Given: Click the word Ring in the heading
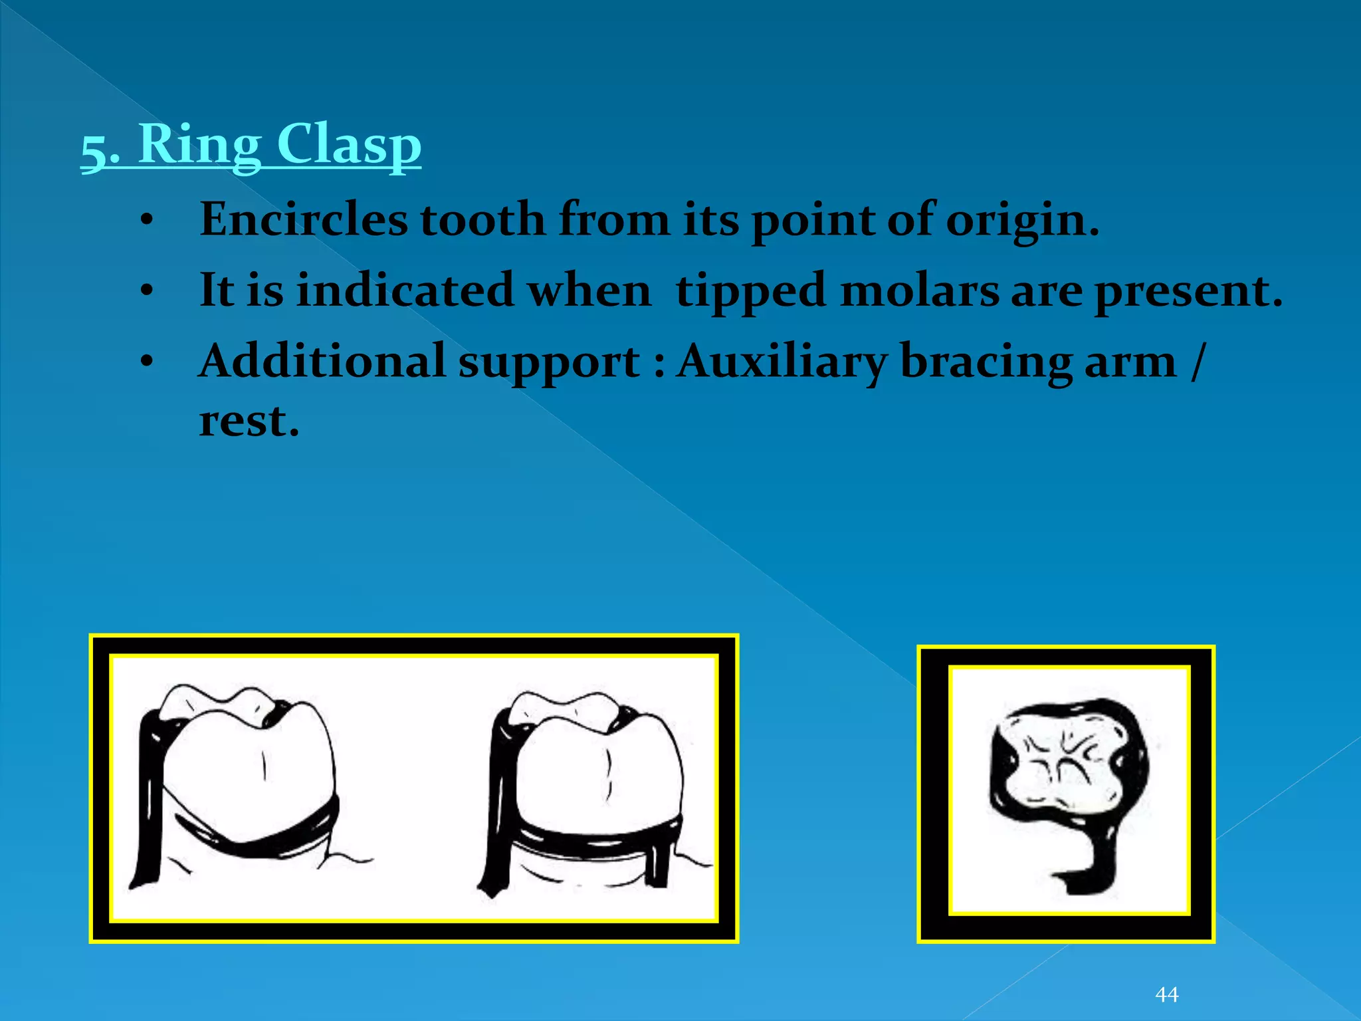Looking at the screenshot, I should pos(199,144).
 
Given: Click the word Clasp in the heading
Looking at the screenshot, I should pos(348,144).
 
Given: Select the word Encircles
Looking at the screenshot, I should pos(303,219).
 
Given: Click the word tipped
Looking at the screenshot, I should pos(750,291).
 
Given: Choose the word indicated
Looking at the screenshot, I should pos(405,290).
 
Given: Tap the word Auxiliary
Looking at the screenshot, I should pos(782,362).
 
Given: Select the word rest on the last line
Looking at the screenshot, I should pos(249,421).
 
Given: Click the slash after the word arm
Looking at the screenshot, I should pos(1196,362).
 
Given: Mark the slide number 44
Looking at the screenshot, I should pos(1167,994).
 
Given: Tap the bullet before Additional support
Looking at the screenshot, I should pos(147,362).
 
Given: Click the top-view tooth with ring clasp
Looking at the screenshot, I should pos(1067,764).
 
